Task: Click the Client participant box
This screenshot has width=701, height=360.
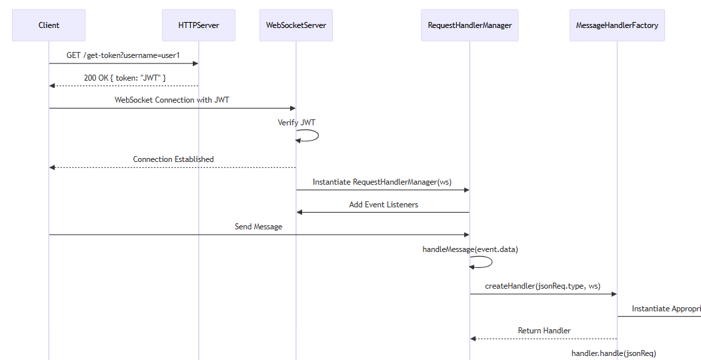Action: point(49,25)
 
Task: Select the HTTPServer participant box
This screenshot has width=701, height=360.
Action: point(198,25)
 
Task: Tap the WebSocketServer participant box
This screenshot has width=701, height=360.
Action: point(295,25)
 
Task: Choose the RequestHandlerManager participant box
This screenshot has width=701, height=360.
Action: point(470,25)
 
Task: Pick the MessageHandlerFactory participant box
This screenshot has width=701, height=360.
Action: point(617,25)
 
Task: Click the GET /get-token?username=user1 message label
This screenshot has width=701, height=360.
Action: point(123,55)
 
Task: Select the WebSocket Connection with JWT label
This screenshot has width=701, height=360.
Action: point(172,100)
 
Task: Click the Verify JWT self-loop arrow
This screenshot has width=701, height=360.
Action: point(313,135)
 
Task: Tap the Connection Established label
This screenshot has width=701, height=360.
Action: point(173,159)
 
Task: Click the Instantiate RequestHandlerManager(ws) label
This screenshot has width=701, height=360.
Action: point(382,182)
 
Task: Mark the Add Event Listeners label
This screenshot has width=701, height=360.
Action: point(384,205)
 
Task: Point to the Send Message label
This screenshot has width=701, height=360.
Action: point(258,227)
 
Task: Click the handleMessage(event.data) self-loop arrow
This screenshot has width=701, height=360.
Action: point(487,262)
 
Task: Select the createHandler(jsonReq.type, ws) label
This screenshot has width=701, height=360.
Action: point(542,286)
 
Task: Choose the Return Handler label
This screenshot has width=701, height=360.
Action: point(544,331)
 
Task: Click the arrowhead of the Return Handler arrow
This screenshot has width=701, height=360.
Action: point(474,339)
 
